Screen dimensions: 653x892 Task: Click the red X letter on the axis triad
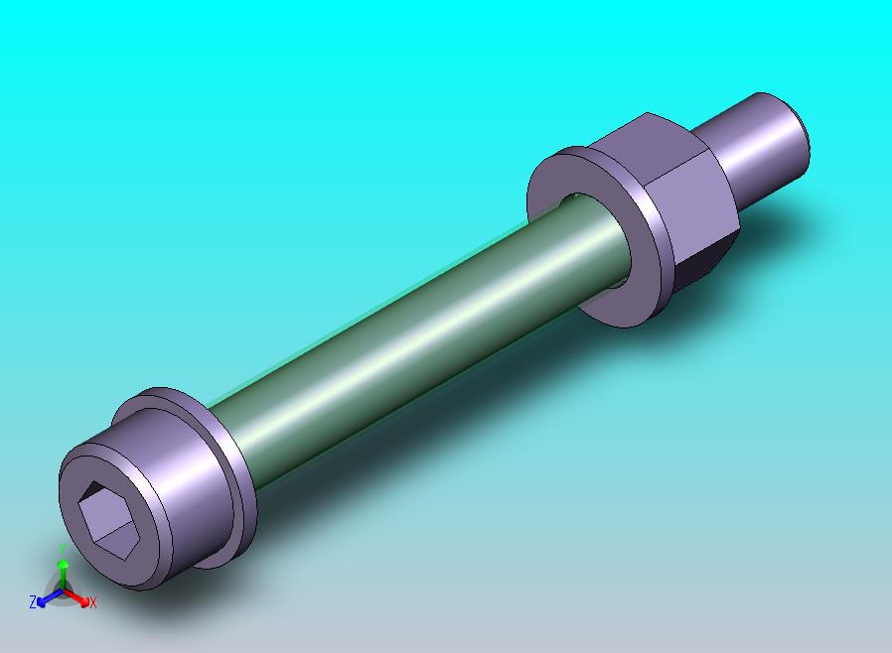click(92, 602)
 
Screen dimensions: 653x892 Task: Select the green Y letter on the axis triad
click(62, 549)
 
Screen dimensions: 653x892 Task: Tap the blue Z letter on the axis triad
click(33, 601)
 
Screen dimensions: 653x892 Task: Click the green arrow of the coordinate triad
click(63, 570)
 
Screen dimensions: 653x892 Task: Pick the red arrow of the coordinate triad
click(81, 598)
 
